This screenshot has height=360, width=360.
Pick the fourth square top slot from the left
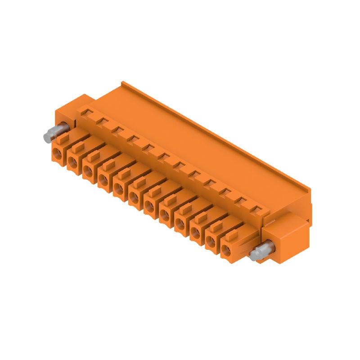133,139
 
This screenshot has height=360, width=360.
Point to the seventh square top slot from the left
179,165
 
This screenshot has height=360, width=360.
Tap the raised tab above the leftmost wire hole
63,138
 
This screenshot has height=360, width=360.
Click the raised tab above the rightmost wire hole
231,234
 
